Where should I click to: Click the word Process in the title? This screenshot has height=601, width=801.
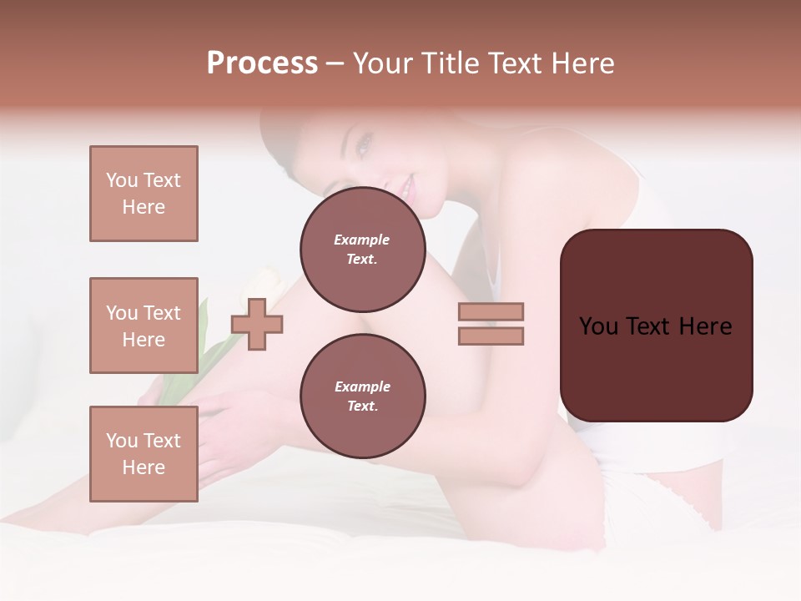(262, 63)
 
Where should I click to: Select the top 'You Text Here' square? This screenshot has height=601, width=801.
(144, 194)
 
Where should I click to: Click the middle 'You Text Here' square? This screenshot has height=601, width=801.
(144, 326)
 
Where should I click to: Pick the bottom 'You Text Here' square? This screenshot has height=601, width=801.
(144, 454)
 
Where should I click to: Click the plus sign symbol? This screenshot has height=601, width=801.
(257, 324)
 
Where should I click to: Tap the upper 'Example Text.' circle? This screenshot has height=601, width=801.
(362, 250)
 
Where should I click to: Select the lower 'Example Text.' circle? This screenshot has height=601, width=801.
(362, 396)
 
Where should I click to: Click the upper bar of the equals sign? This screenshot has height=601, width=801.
(491, 311)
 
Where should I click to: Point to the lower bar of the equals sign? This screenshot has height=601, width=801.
(491, 336)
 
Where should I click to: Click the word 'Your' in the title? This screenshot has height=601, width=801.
(381, 63)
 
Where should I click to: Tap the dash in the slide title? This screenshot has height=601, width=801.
(335, 63)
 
